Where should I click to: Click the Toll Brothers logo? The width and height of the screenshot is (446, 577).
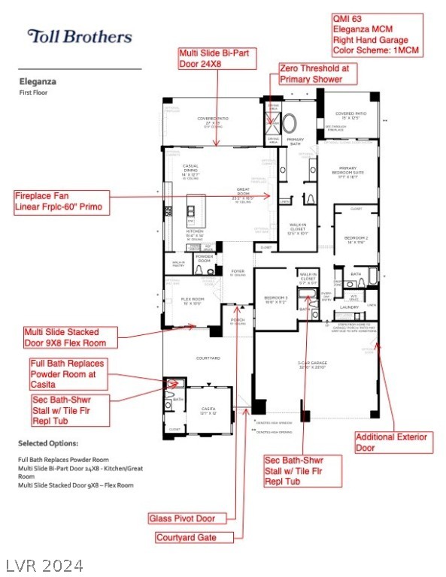(79, 36)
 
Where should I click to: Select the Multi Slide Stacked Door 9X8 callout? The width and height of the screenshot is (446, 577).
(71, 337)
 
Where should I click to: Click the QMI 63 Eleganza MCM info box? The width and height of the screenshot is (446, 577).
(377, 34)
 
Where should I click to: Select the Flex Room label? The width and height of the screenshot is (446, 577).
(193, 301)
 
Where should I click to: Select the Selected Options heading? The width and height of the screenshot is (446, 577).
(48, 443)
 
